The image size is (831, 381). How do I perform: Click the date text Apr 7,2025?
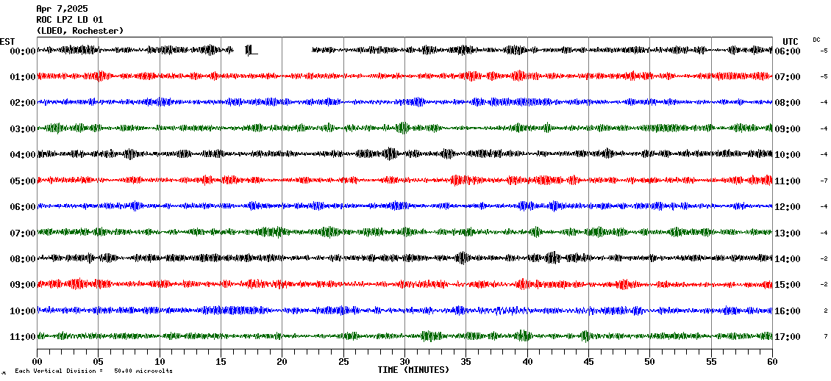(62, 9)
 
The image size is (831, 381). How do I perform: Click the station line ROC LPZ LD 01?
(70, 20)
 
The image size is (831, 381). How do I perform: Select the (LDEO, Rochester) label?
(80, 31)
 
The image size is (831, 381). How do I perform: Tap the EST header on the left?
(7, 41)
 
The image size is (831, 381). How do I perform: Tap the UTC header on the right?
(790, 41)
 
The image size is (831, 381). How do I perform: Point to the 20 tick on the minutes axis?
(282, 362)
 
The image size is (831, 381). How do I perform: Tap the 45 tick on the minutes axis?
(588, 362)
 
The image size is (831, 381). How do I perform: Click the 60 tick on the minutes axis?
(771, 362)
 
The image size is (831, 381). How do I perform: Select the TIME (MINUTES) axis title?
(413, 370)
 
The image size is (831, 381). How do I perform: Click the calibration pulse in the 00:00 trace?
(250, 50)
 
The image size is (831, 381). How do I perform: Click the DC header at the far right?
(816, 40)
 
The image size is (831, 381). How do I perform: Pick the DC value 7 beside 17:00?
(826, 336)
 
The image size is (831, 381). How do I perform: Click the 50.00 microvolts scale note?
(143, 371)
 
